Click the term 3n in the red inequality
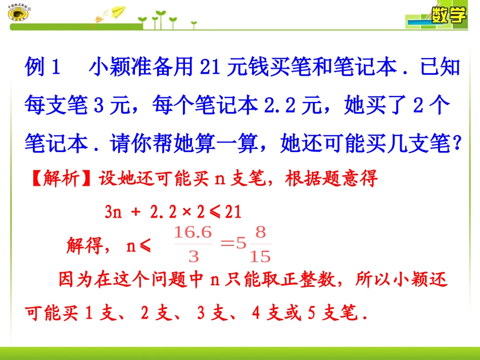112,212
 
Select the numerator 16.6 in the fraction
193,233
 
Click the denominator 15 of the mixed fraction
260,257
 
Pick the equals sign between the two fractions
228,245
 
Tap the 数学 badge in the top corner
448,16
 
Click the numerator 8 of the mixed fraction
260,233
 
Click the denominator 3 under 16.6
193,257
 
